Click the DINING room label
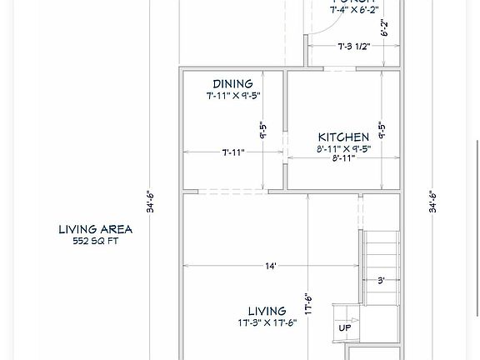click(232, 84)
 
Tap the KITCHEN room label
click(343, 137)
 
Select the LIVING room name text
click(267, 312)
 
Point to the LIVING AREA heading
click(95, 229)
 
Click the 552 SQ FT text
click(95, 241)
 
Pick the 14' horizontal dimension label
click(271, 266)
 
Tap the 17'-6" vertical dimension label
click(307, 303)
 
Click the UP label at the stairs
click(344, 327)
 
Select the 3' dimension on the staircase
click(381, 281)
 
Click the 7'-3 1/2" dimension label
click(353, 47)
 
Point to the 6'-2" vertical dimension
click(385, 28)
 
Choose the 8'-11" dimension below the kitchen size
click(343, 157)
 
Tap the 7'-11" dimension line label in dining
click(233, 152)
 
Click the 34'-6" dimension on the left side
click(150, 202)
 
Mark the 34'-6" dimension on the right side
click(432, 202)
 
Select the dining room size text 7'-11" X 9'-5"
click(233, 96)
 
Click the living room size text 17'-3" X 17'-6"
click(267, 323)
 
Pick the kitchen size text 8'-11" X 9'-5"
click(343, 149)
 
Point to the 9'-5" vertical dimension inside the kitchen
click(382, 131)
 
